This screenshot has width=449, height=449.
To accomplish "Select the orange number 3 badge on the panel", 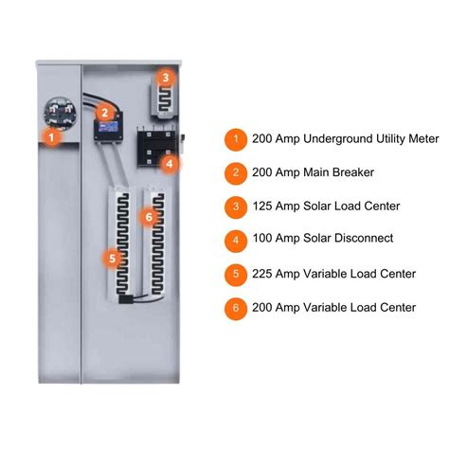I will point(165,78).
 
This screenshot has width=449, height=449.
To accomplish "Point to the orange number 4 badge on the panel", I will point(168,163).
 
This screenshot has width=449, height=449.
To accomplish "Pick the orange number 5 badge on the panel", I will point(113,256).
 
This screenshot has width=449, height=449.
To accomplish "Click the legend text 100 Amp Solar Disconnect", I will point(322,239).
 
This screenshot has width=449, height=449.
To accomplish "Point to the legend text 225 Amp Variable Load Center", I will point(333,273).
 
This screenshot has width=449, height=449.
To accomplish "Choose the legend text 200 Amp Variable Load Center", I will point(333,307).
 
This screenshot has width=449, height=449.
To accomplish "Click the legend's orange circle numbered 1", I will point(235,138).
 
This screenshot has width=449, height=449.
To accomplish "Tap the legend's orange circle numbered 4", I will point(235,239).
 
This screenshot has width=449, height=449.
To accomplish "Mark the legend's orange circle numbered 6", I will point(235,307).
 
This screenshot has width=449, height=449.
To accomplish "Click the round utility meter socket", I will point(57,116).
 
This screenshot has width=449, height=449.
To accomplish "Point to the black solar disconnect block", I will point(154,147).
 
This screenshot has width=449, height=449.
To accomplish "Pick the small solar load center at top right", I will point(166,99).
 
